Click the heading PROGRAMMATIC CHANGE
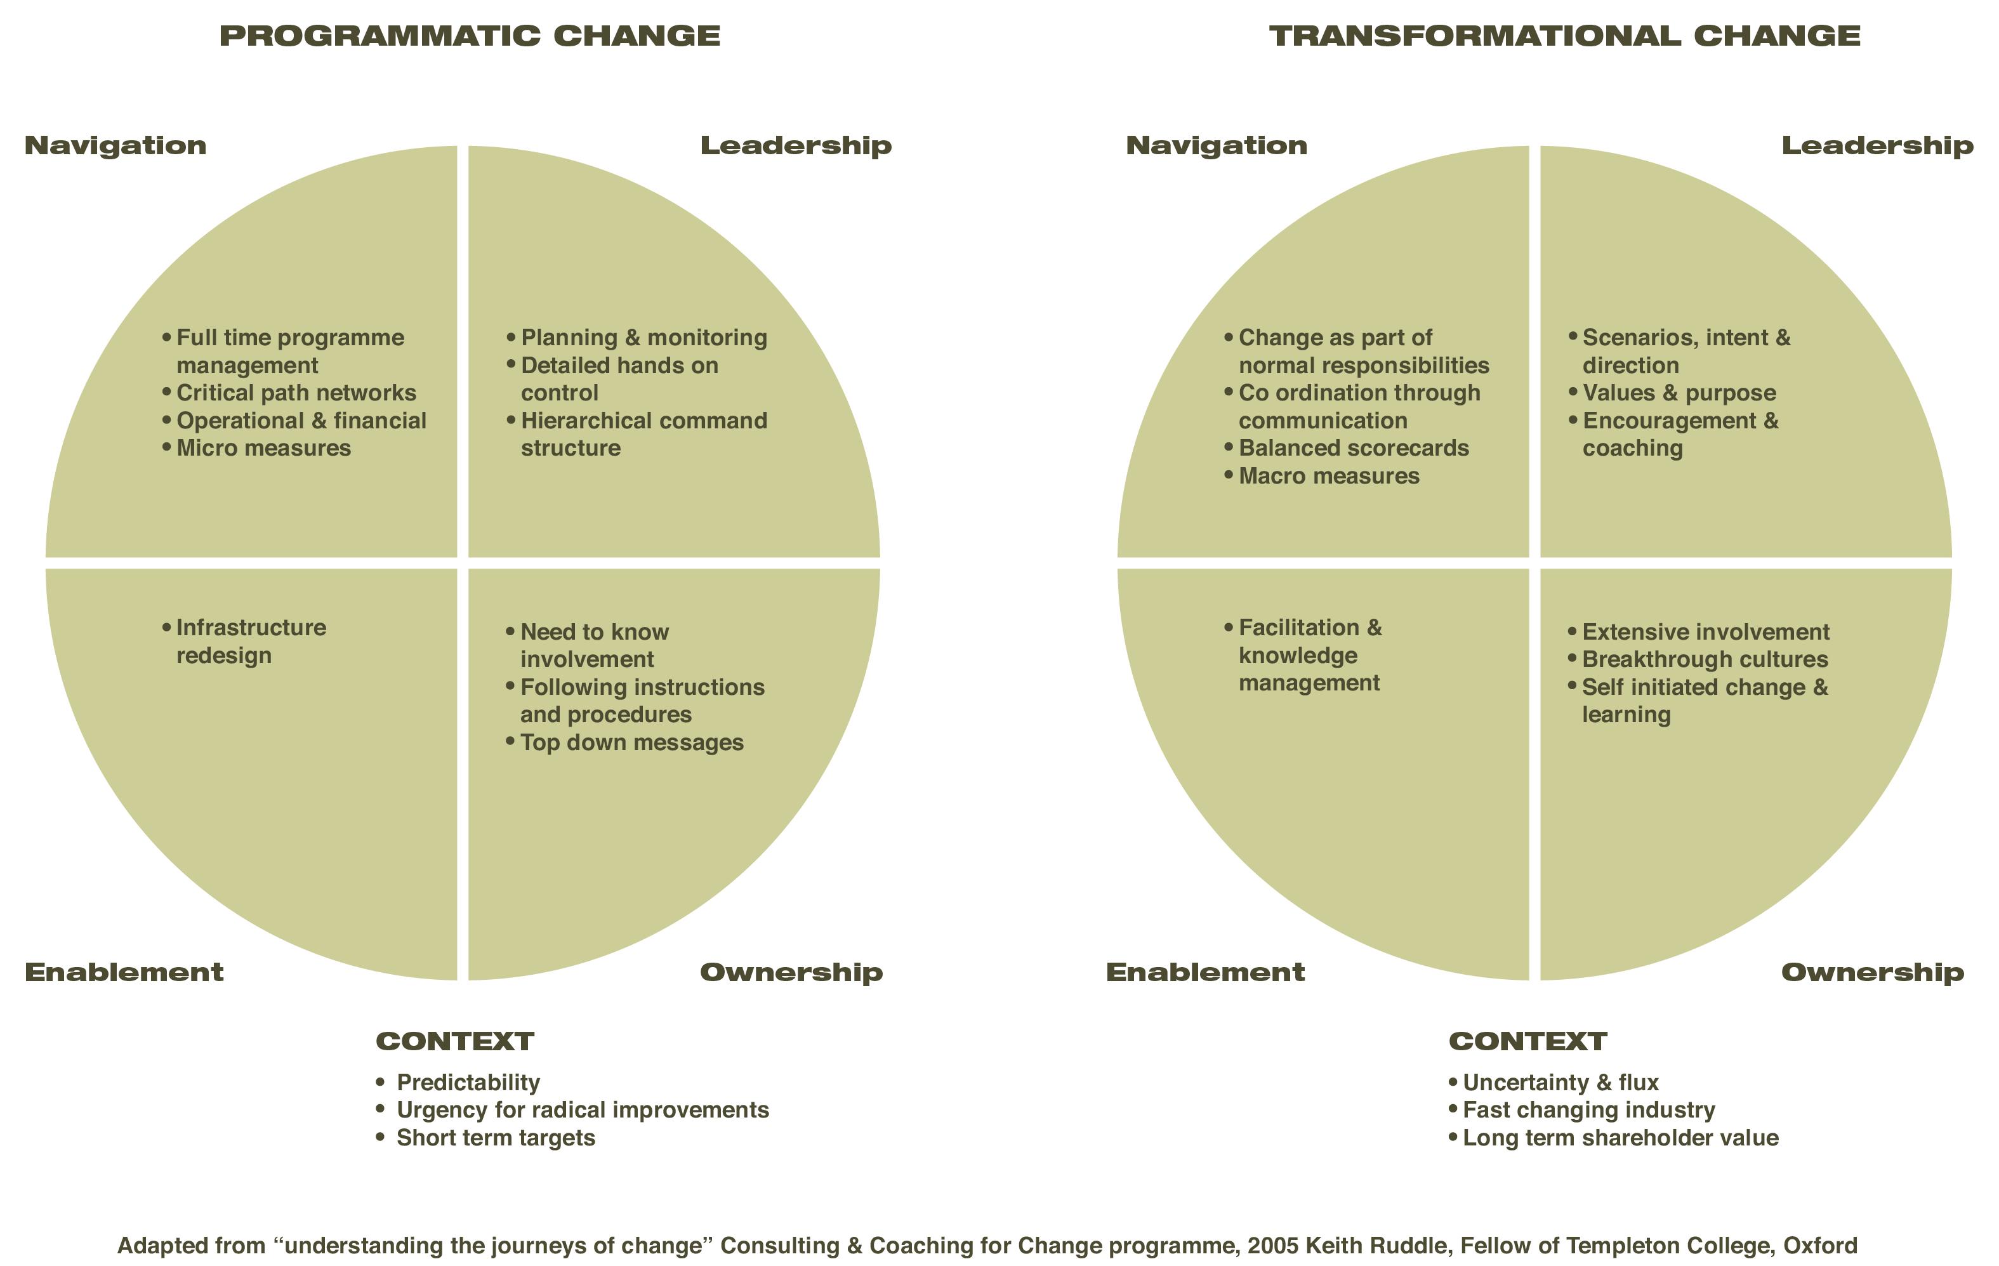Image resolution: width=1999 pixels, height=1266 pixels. [x=470, y=36]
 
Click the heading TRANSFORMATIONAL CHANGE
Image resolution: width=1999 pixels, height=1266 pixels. [x=1565, y=36]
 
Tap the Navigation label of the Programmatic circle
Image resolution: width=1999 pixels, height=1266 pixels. [x=115, y=145]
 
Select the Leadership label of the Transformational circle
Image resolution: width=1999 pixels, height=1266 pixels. [x=1877, y=145]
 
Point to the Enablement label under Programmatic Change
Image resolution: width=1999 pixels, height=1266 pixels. [x=124, y=972]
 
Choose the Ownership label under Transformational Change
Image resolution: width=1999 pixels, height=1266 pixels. [x=1872, y=972]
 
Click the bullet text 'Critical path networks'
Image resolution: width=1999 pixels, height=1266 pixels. [x=296, y=393]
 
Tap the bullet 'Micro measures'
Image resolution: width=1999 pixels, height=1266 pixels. [x=263, y=448]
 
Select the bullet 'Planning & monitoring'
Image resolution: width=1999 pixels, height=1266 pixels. [x=643, y=338]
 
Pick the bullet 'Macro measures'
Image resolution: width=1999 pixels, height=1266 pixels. [x=1329, y=477]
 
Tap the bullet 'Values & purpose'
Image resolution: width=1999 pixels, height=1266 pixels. [x=1679, y=393]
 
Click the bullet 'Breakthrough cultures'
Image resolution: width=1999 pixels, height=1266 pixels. [x=1705, y=659]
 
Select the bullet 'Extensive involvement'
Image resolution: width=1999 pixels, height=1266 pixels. [x=1705, y=632]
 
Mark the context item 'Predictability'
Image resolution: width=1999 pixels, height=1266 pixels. [x=468, y=1083]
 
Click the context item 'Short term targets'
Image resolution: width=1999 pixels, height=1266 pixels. [x=496, y=1137]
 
